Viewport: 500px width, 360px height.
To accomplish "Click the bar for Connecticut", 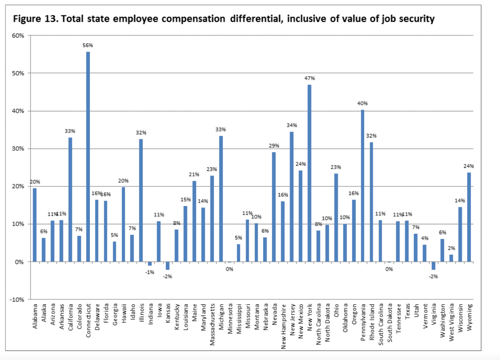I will [x=88, y=156].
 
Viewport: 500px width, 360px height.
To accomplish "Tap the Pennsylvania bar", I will [x=363, y=185].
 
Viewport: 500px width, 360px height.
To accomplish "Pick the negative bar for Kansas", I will [x=168, y=266].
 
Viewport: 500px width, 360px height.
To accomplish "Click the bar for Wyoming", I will [x=469, y=217].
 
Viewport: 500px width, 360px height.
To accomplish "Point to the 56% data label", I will [x=88, y=46].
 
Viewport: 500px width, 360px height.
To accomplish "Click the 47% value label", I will [x=310, y=78].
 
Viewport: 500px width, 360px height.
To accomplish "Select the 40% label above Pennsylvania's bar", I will [x=362, y=103].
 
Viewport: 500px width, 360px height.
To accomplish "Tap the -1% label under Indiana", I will [x=149, y=272].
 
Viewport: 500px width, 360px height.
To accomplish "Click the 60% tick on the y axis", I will [x=18, y=36].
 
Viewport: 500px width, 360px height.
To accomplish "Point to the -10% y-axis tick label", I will [x=17, y=300].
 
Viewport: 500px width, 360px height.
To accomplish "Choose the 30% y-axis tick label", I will [x=18, y=149].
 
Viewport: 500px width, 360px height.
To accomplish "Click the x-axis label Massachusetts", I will [x=212, y=324].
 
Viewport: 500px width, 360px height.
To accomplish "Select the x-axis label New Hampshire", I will [x=283, y=326].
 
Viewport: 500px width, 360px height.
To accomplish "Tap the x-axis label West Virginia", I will [x=451, y=322].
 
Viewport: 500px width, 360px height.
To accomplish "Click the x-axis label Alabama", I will [x=35, y=316].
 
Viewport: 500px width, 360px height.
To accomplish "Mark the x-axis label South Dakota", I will [x=389, y=323].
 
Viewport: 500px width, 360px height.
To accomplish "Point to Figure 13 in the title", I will [x=35, y=19].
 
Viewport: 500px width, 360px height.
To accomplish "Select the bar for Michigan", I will [x=221, y=199].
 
